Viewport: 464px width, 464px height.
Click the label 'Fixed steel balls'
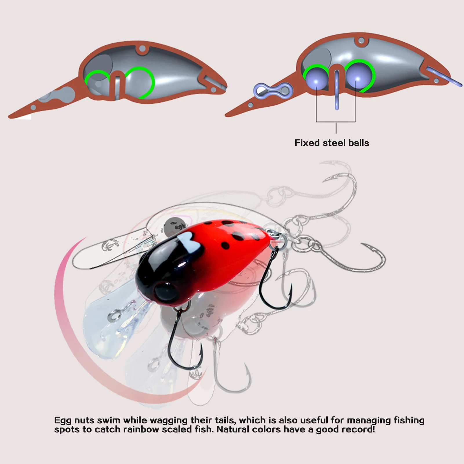click(x=332, y=143)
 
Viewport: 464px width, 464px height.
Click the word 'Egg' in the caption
click(x=63, y=421)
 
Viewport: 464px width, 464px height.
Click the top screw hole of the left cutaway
click(x=142, y=48)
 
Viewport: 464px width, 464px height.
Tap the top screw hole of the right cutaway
click(x=361, y=41)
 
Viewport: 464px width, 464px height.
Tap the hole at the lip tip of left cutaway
click(x=33, y=108)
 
